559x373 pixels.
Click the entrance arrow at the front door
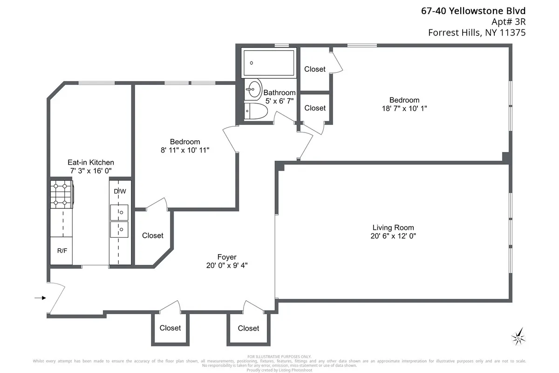click(40, 298)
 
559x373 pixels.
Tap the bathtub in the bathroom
click(268, 63)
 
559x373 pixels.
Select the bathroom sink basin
click(254, 90)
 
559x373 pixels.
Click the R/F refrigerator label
click(62, 251)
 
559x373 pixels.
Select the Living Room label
click(393, 228)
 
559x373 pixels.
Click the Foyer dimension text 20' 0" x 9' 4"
click(227, 265)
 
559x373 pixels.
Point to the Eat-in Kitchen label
click(91, 162)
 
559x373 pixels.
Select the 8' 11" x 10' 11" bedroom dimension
click(185, 150)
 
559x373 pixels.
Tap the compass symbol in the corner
click(518, 335)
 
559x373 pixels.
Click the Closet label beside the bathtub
click(315, 69)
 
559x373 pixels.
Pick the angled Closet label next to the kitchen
click(153, 235)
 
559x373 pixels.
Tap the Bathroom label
click(279, 93)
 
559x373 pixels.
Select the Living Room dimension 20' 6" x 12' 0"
click(393, 236)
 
